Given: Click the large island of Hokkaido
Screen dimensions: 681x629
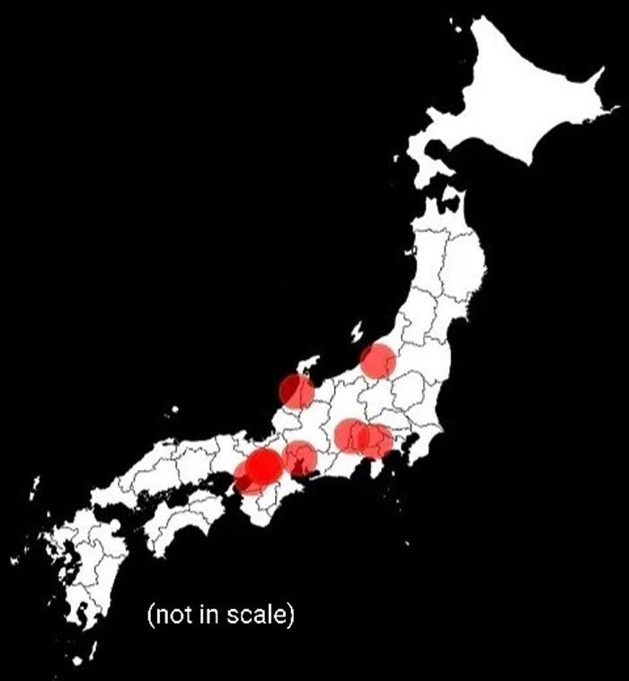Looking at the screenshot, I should pos(521,108).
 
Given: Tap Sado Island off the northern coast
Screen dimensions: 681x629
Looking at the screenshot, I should pos(359,331).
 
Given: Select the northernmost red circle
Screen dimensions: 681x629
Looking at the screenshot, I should pos(377,361).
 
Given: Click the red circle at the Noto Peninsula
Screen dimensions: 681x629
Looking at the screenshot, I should pos(296,392).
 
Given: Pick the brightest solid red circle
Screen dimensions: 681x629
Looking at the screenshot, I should pos(263,466).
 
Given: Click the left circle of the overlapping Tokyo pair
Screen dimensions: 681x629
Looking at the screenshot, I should pos(352,436).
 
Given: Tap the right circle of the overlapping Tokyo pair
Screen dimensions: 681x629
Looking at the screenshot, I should pos(376,440).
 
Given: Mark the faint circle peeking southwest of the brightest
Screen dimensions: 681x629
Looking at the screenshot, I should pos(244,482).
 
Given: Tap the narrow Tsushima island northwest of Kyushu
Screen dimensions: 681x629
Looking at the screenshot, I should pos(36,490).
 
